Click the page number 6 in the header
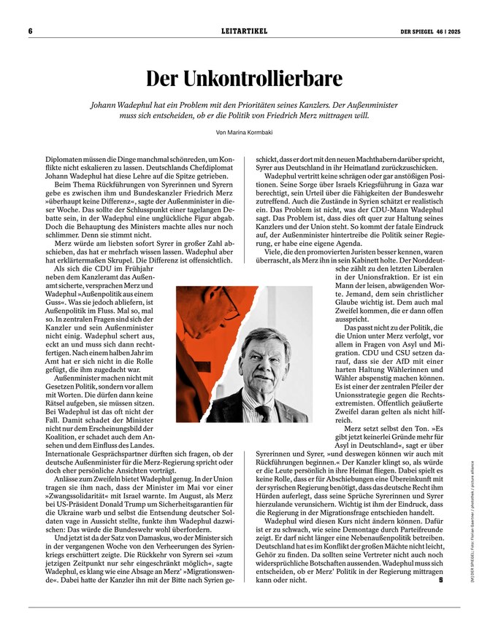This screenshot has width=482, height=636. [x=31, y=31]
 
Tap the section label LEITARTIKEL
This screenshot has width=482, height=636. [x=245, y=31]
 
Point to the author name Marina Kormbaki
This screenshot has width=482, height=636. [x=252, y=132]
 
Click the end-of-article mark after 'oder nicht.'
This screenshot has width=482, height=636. [x=442, y=581]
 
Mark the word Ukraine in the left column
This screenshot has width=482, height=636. [x=55, y=515]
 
